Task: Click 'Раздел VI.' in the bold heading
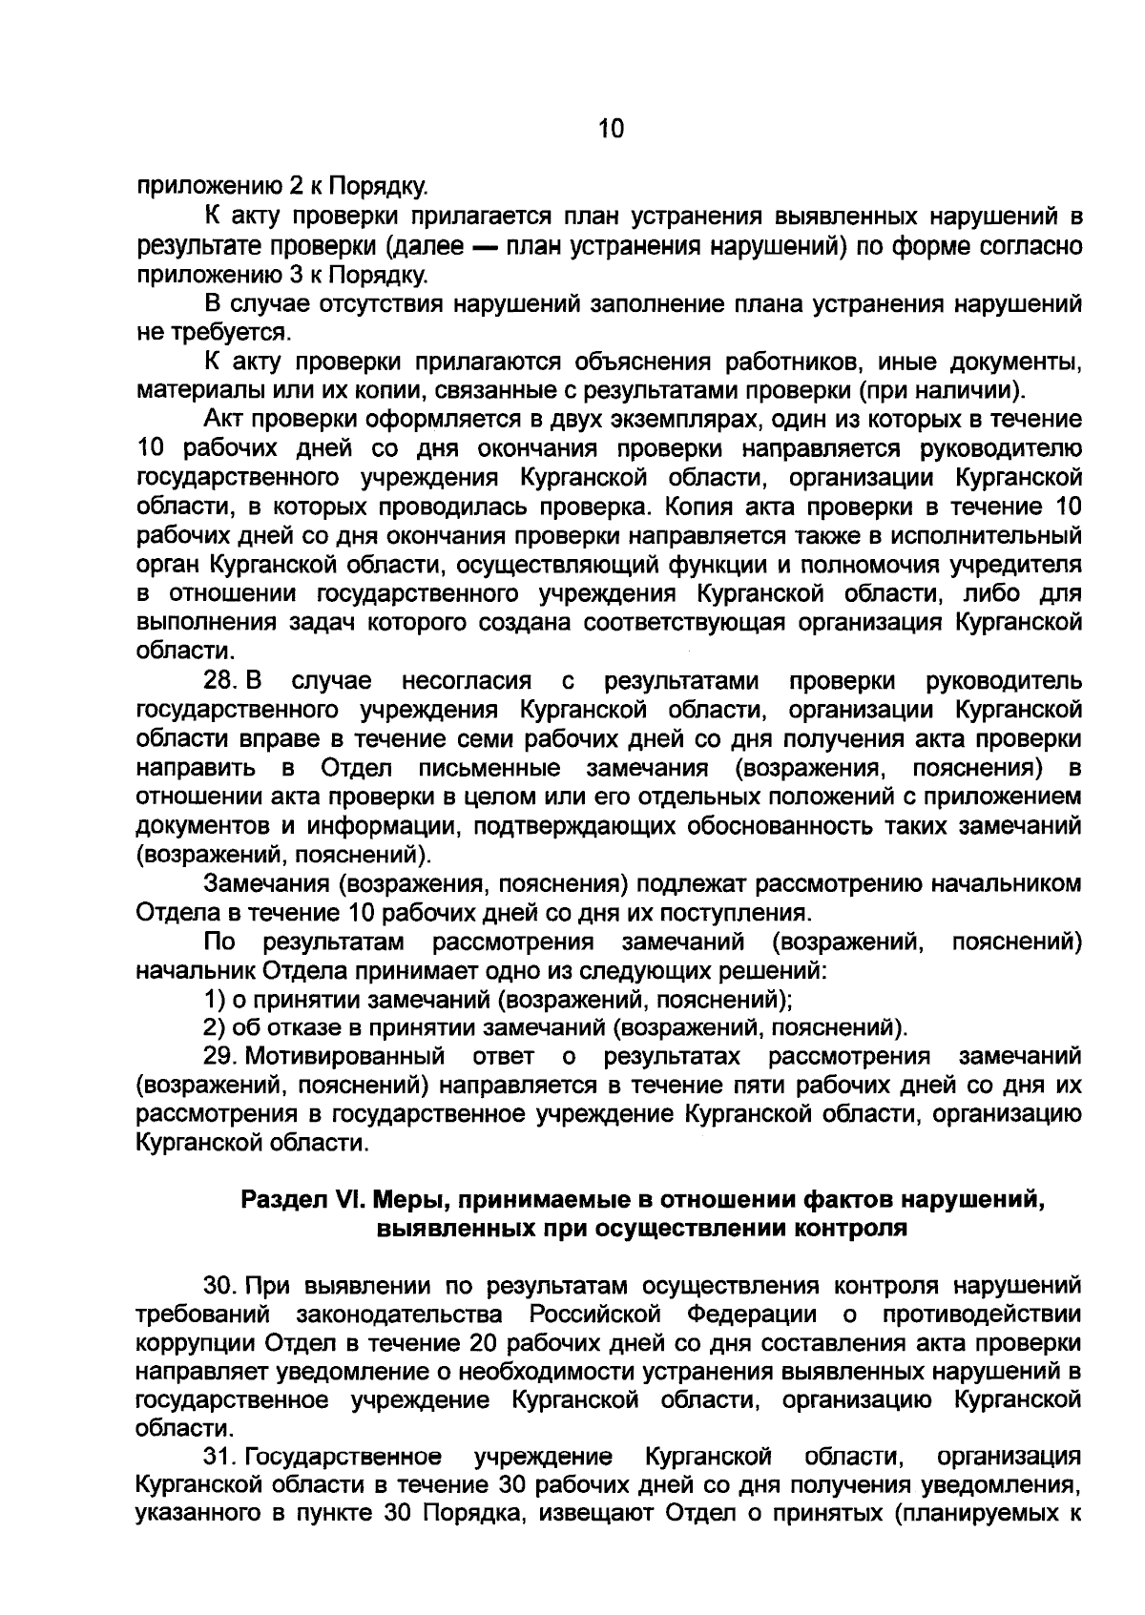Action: pyautogui.click(x=298, y=1200)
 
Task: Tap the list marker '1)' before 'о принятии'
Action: pyautogui.click(x=215, y=1000)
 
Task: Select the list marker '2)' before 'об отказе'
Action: pyautogui.click(x=215, y=1028)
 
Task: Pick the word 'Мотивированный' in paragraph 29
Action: pyautogui.click(x=345, y=1057)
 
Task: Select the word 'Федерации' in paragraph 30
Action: pyautogui.click(x=752, y=1315)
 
